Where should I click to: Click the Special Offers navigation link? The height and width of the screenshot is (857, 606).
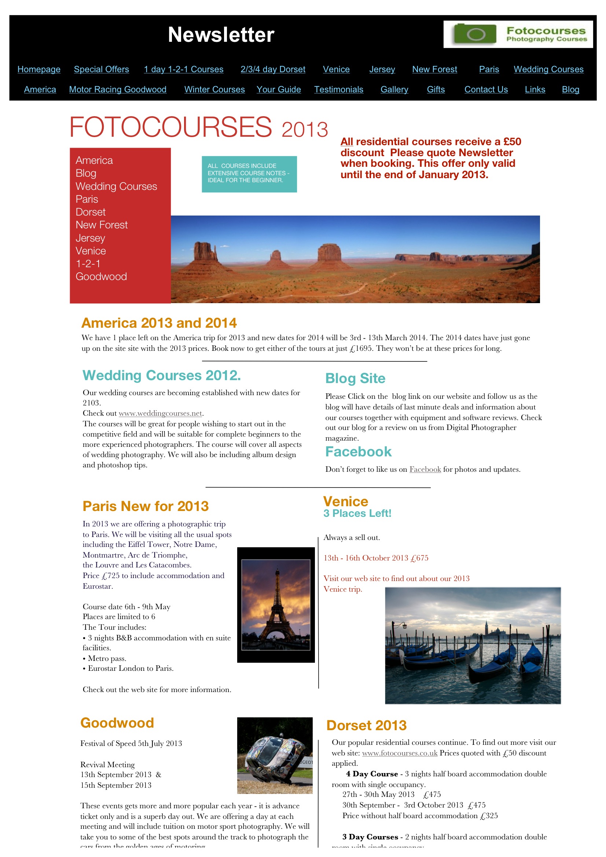[101, 69]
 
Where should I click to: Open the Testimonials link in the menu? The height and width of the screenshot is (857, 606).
[338, 89]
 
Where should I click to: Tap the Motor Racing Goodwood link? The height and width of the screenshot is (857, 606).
[118, 89]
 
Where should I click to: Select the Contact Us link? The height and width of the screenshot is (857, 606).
[486, 89]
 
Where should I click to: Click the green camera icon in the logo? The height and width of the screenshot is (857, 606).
[475, 34]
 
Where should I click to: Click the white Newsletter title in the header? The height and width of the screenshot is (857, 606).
[221, 35]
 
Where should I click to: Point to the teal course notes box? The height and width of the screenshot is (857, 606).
[249, 174]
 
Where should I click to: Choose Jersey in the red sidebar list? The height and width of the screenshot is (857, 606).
[90, 238]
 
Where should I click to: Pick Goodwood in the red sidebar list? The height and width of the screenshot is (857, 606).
[101, 277]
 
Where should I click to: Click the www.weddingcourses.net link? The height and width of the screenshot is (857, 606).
[160, 413]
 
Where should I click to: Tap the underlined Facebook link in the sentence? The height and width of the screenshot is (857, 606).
[425, 469]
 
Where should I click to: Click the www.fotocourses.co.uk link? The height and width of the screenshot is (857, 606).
[400, 753]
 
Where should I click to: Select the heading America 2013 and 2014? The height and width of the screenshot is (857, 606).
[159, 323]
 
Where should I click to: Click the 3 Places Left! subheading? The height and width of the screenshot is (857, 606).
[357, 514]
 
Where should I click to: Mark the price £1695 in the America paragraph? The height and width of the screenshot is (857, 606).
[361, 349]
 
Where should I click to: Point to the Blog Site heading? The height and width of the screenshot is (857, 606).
[355, 379]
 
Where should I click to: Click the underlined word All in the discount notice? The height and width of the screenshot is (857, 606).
[346, 142]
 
